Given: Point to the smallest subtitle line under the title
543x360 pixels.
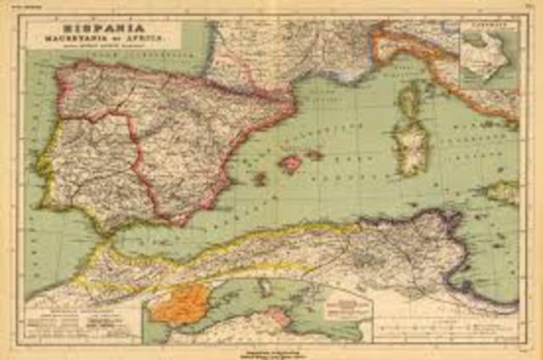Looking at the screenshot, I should click(x=102, y=46).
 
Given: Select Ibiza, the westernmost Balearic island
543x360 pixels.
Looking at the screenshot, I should click(x=260, y=178).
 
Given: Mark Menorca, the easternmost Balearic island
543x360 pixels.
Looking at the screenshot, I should click(x=315, y=155).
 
